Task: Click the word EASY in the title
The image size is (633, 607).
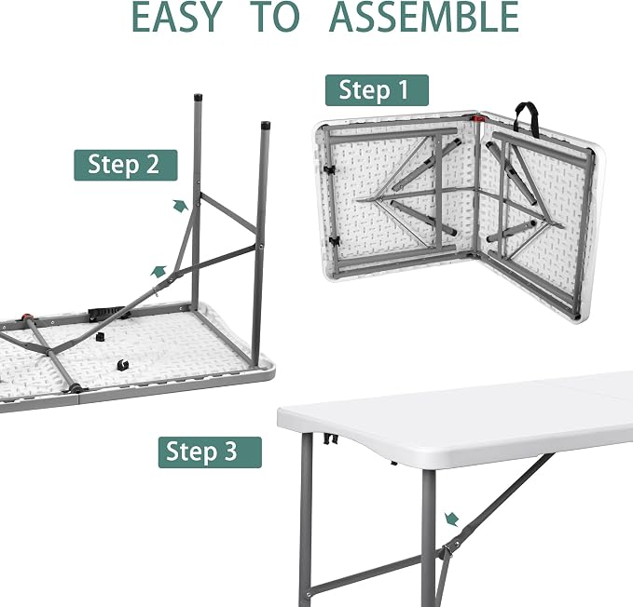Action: (x=177, y=17)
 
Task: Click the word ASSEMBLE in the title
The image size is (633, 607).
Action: (x=424, y=17)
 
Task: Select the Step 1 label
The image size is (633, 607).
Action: (x=377, y=90)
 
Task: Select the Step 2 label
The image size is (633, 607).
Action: (x=126, y=166)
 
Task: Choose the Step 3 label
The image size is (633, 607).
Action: (x=210, y=452)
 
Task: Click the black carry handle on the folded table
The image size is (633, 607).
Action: (x=527, y=117)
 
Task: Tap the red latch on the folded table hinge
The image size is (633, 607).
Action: (x=478, y=118)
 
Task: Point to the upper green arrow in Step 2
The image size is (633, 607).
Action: (x=181, y=205)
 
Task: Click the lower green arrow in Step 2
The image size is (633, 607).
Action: (x=158, y=271)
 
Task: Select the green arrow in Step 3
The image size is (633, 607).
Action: (x=452, y=519)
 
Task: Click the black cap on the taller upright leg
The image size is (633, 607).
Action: (x=198, y=98)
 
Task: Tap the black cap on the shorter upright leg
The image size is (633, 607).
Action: (x=266, y=125)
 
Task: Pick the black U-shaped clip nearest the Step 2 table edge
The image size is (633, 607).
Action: (x=123, y=365)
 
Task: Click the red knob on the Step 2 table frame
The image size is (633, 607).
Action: (x=27, y=317)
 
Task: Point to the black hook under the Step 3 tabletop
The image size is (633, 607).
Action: (x=331, y=438)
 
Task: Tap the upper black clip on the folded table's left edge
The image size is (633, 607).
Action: (x=330, y=169)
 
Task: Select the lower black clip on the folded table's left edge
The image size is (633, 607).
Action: (x=334, y=241)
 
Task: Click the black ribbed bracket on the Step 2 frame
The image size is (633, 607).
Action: (x=106, y=312)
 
